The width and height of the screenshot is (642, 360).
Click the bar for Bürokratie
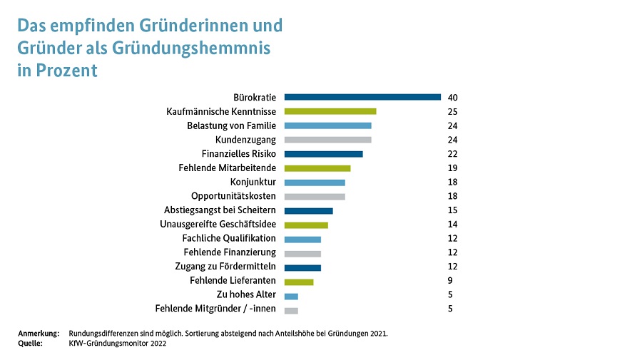click(362, 97)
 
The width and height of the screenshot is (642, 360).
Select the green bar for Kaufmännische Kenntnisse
click(330, 111)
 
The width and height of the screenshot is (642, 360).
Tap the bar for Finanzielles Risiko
click(323, 154)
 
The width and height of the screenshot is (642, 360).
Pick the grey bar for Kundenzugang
click(327, 140)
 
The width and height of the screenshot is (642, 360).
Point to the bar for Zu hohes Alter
click(291, 296)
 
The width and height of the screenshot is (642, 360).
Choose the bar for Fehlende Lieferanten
click(299, 282)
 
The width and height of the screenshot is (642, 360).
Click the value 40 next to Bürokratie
click(452, 98)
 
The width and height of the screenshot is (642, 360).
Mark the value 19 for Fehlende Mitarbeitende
click(452, 168)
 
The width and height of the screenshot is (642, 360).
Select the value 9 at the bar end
click(450, 281)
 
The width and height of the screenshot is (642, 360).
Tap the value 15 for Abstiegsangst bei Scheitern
click(452, 210)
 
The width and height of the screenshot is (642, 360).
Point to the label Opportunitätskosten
click(233, 196)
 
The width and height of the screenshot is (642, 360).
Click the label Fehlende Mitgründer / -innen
click(215, 309)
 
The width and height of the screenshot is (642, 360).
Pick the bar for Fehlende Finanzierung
click(302, 253)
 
